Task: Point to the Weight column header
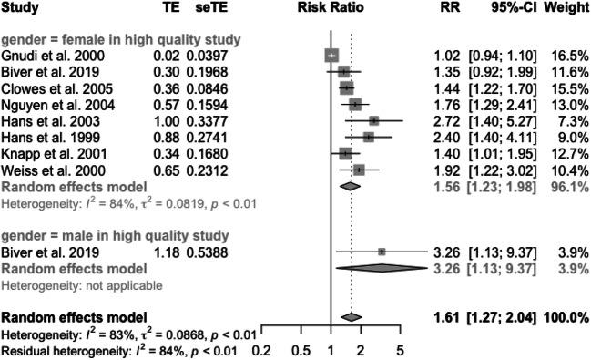coord(568,8)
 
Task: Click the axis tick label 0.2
coord(262,349)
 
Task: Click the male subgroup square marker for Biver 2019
coord(382,251)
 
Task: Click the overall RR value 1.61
coord(447,317)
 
